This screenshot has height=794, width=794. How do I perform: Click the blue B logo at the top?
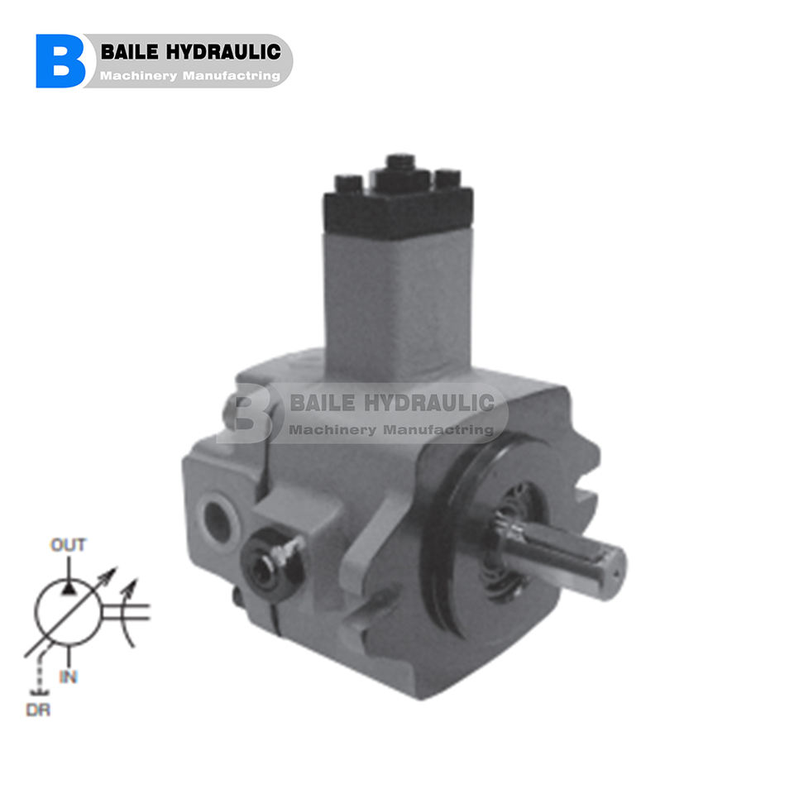click(x=60, y=61)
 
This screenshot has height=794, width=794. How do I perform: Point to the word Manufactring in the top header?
click(x=232, y=76)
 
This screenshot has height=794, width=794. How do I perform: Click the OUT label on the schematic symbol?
click(x=69, y=545)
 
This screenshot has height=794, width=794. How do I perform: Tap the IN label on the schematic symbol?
click(x=69, y=677)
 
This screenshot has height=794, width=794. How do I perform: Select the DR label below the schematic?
click(x=38, y=710)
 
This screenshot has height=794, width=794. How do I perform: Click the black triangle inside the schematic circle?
click(x=69, y=588)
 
